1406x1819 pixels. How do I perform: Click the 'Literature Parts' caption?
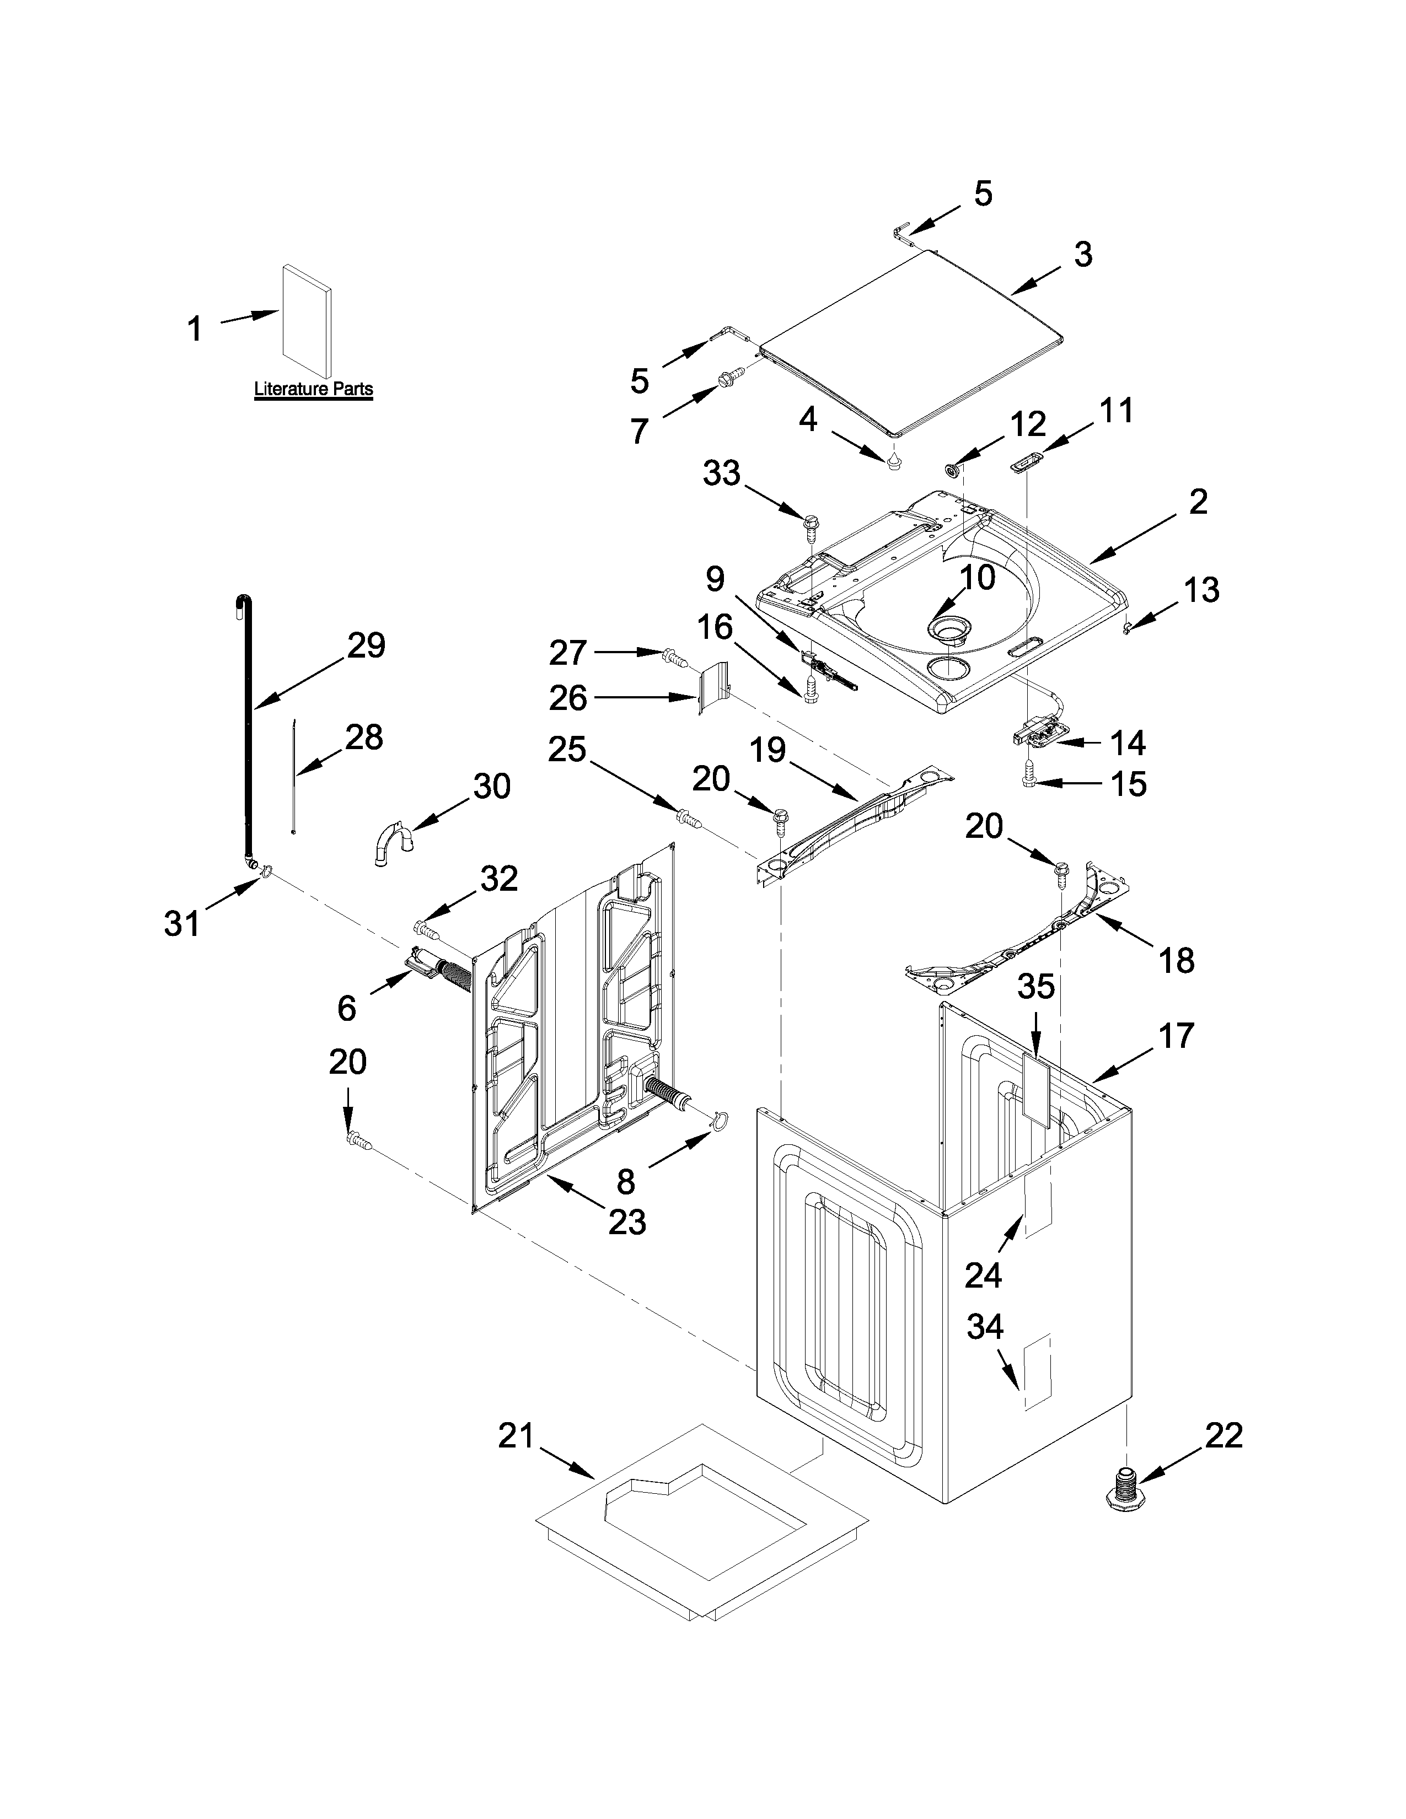point(313,389)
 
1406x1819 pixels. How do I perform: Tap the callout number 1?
point(194,329)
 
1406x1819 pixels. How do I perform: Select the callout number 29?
point(367,645)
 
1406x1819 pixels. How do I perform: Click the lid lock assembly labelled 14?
point(1038,733)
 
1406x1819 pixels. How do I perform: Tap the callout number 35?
point(1036,987)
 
